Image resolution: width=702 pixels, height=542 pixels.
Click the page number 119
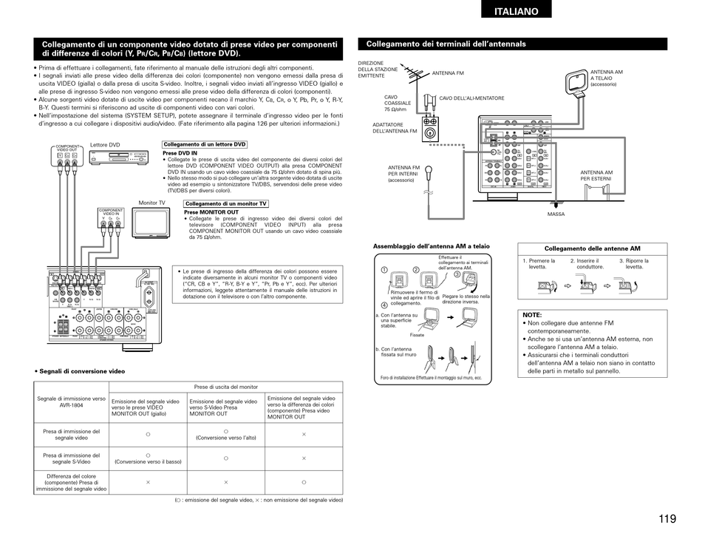click(667, 518)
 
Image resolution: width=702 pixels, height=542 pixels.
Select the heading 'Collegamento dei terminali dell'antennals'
click(446, 44)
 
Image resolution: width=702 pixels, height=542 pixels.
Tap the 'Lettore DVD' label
click(105, 145)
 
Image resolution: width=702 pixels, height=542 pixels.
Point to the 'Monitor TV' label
click(152, 203)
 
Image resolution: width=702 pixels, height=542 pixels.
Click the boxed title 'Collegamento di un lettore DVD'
click(205, 145)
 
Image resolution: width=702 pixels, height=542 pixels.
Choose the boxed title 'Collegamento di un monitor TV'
click(225, 204)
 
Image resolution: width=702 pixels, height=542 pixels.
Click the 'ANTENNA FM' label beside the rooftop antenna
click(448, 74)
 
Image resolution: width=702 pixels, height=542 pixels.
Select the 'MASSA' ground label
click(556, 214)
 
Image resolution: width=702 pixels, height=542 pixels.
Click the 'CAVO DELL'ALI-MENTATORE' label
click(471, 98)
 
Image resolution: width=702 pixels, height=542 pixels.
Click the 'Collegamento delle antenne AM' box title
click(592, 248)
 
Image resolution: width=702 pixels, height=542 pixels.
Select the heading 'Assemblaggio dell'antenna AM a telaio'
click(431, 246)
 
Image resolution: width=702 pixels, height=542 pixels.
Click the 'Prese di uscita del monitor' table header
click(226, 387)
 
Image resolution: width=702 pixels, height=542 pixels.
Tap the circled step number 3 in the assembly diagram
click(457, 274)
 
